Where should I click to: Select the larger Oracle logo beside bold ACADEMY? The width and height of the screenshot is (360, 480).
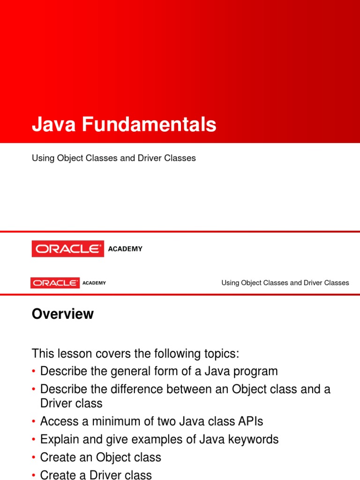(68, 249)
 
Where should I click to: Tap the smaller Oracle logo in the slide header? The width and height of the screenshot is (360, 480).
(55, 283)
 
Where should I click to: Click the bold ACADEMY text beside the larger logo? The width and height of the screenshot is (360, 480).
(125, 249)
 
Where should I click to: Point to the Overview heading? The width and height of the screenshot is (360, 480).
(62, 314)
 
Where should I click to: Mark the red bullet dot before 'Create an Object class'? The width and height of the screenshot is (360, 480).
(34, 458)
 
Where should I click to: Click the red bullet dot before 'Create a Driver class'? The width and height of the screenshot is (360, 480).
(34, 476)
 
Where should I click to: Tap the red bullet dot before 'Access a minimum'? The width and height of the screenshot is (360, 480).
(34, 422)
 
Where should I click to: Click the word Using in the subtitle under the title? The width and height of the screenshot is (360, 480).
(42, 158)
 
